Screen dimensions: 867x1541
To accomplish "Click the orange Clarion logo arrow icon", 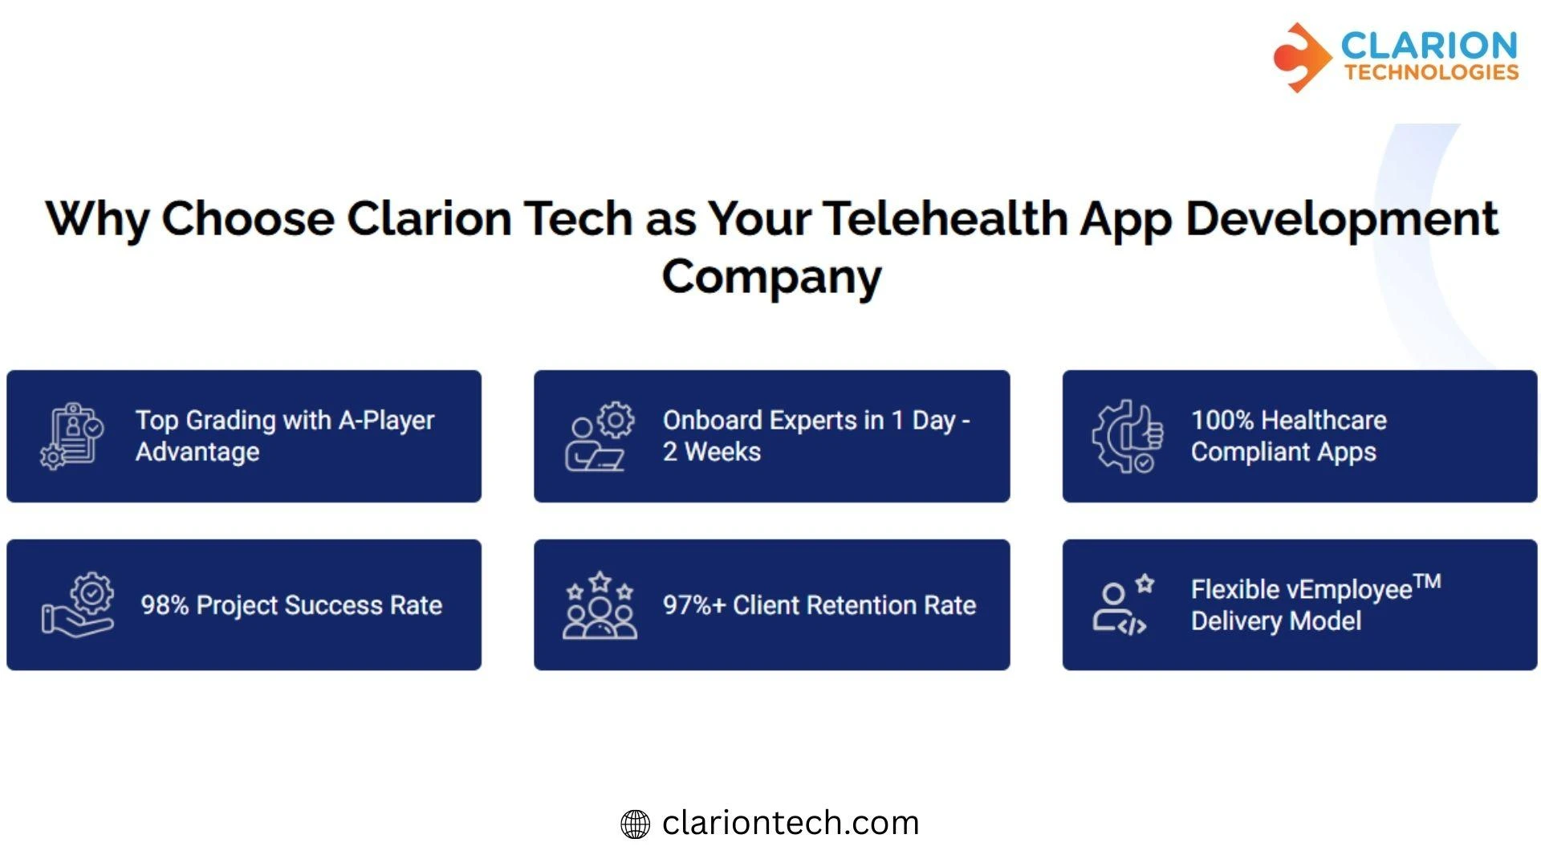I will [x=1300, y=57].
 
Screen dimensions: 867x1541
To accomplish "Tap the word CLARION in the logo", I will [x=1429, y=45].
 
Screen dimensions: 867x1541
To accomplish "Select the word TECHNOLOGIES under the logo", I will [x=1432, y=72].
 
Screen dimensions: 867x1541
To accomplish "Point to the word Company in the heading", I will [x=771, y=277].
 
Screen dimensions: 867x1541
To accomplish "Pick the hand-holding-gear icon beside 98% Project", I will [x=78, y=605].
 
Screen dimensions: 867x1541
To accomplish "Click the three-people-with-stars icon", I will [x=600, y=605].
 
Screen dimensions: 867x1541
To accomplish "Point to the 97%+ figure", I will [x=694, y=605].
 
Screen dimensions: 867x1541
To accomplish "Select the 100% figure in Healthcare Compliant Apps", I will [x=1222, y=420].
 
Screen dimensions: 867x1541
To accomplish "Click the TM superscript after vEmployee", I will [x=1427, y=581].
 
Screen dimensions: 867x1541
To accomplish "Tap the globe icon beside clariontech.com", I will [x=635, y=824].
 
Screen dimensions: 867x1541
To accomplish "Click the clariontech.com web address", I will [x=791, y=823].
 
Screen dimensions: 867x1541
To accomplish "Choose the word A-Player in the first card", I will [x=386, y=420].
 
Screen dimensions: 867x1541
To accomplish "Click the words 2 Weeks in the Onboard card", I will [x=712, y=452].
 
